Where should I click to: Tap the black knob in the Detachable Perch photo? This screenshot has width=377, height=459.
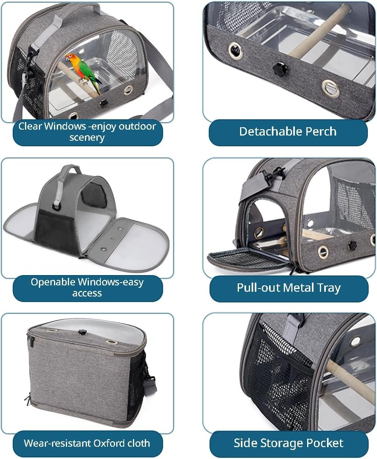[x=280, y=69]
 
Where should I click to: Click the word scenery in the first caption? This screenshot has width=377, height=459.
[x=87, y=137]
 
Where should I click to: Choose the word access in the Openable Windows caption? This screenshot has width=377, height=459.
[x=87, y=293]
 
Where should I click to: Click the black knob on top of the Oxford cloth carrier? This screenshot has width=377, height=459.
[x=82, y=332]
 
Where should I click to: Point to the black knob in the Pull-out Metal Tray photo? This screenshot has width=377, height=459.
[x=351, y=246]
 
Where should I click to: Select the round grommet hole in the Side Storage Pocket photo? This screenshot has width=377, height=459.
[x=355, y=341]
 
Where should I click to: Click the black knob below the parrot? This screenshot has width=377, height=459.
[x=103, y=103]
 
